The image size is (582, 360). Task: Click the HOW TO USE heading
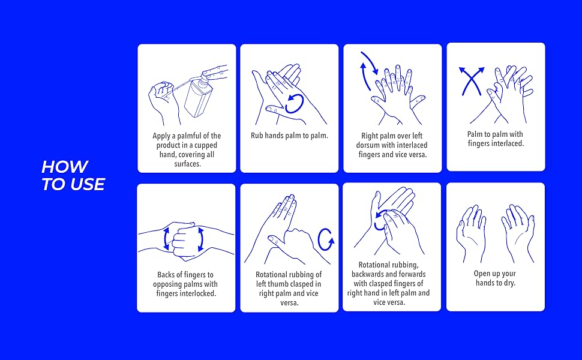tap(73, 176)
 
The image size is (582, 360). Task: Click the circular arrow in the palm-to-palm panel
tap(294, 104)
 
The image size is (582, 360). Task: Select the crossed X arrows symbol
tap(472, 81)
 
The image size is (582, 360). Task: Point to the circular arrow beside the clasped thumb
tap(326, 240)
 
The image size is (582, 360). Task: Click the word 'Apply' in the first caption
tap(161, 136)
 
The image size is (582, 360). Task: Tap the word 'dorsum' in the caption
tap(368, 145)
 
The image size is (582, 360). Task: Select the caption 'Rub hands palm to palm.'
tap(290, 136)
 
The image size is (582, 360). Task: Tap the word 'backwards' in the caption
tap(367, 274)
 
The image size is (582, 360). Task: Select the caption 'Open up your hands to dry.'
tap(495, 278)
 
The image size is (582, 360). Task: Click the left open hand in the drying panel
tap(471, 233)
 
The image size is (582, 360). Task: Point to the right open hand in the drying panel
tap(518, 233)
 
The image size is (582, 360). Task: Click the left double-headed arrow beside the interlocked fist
tap(166, 239)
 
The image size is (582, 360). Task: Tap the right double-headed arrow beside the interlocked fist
tap(200, 239)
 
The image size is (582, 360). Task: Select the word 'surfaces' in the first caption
tap(187, 164)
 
